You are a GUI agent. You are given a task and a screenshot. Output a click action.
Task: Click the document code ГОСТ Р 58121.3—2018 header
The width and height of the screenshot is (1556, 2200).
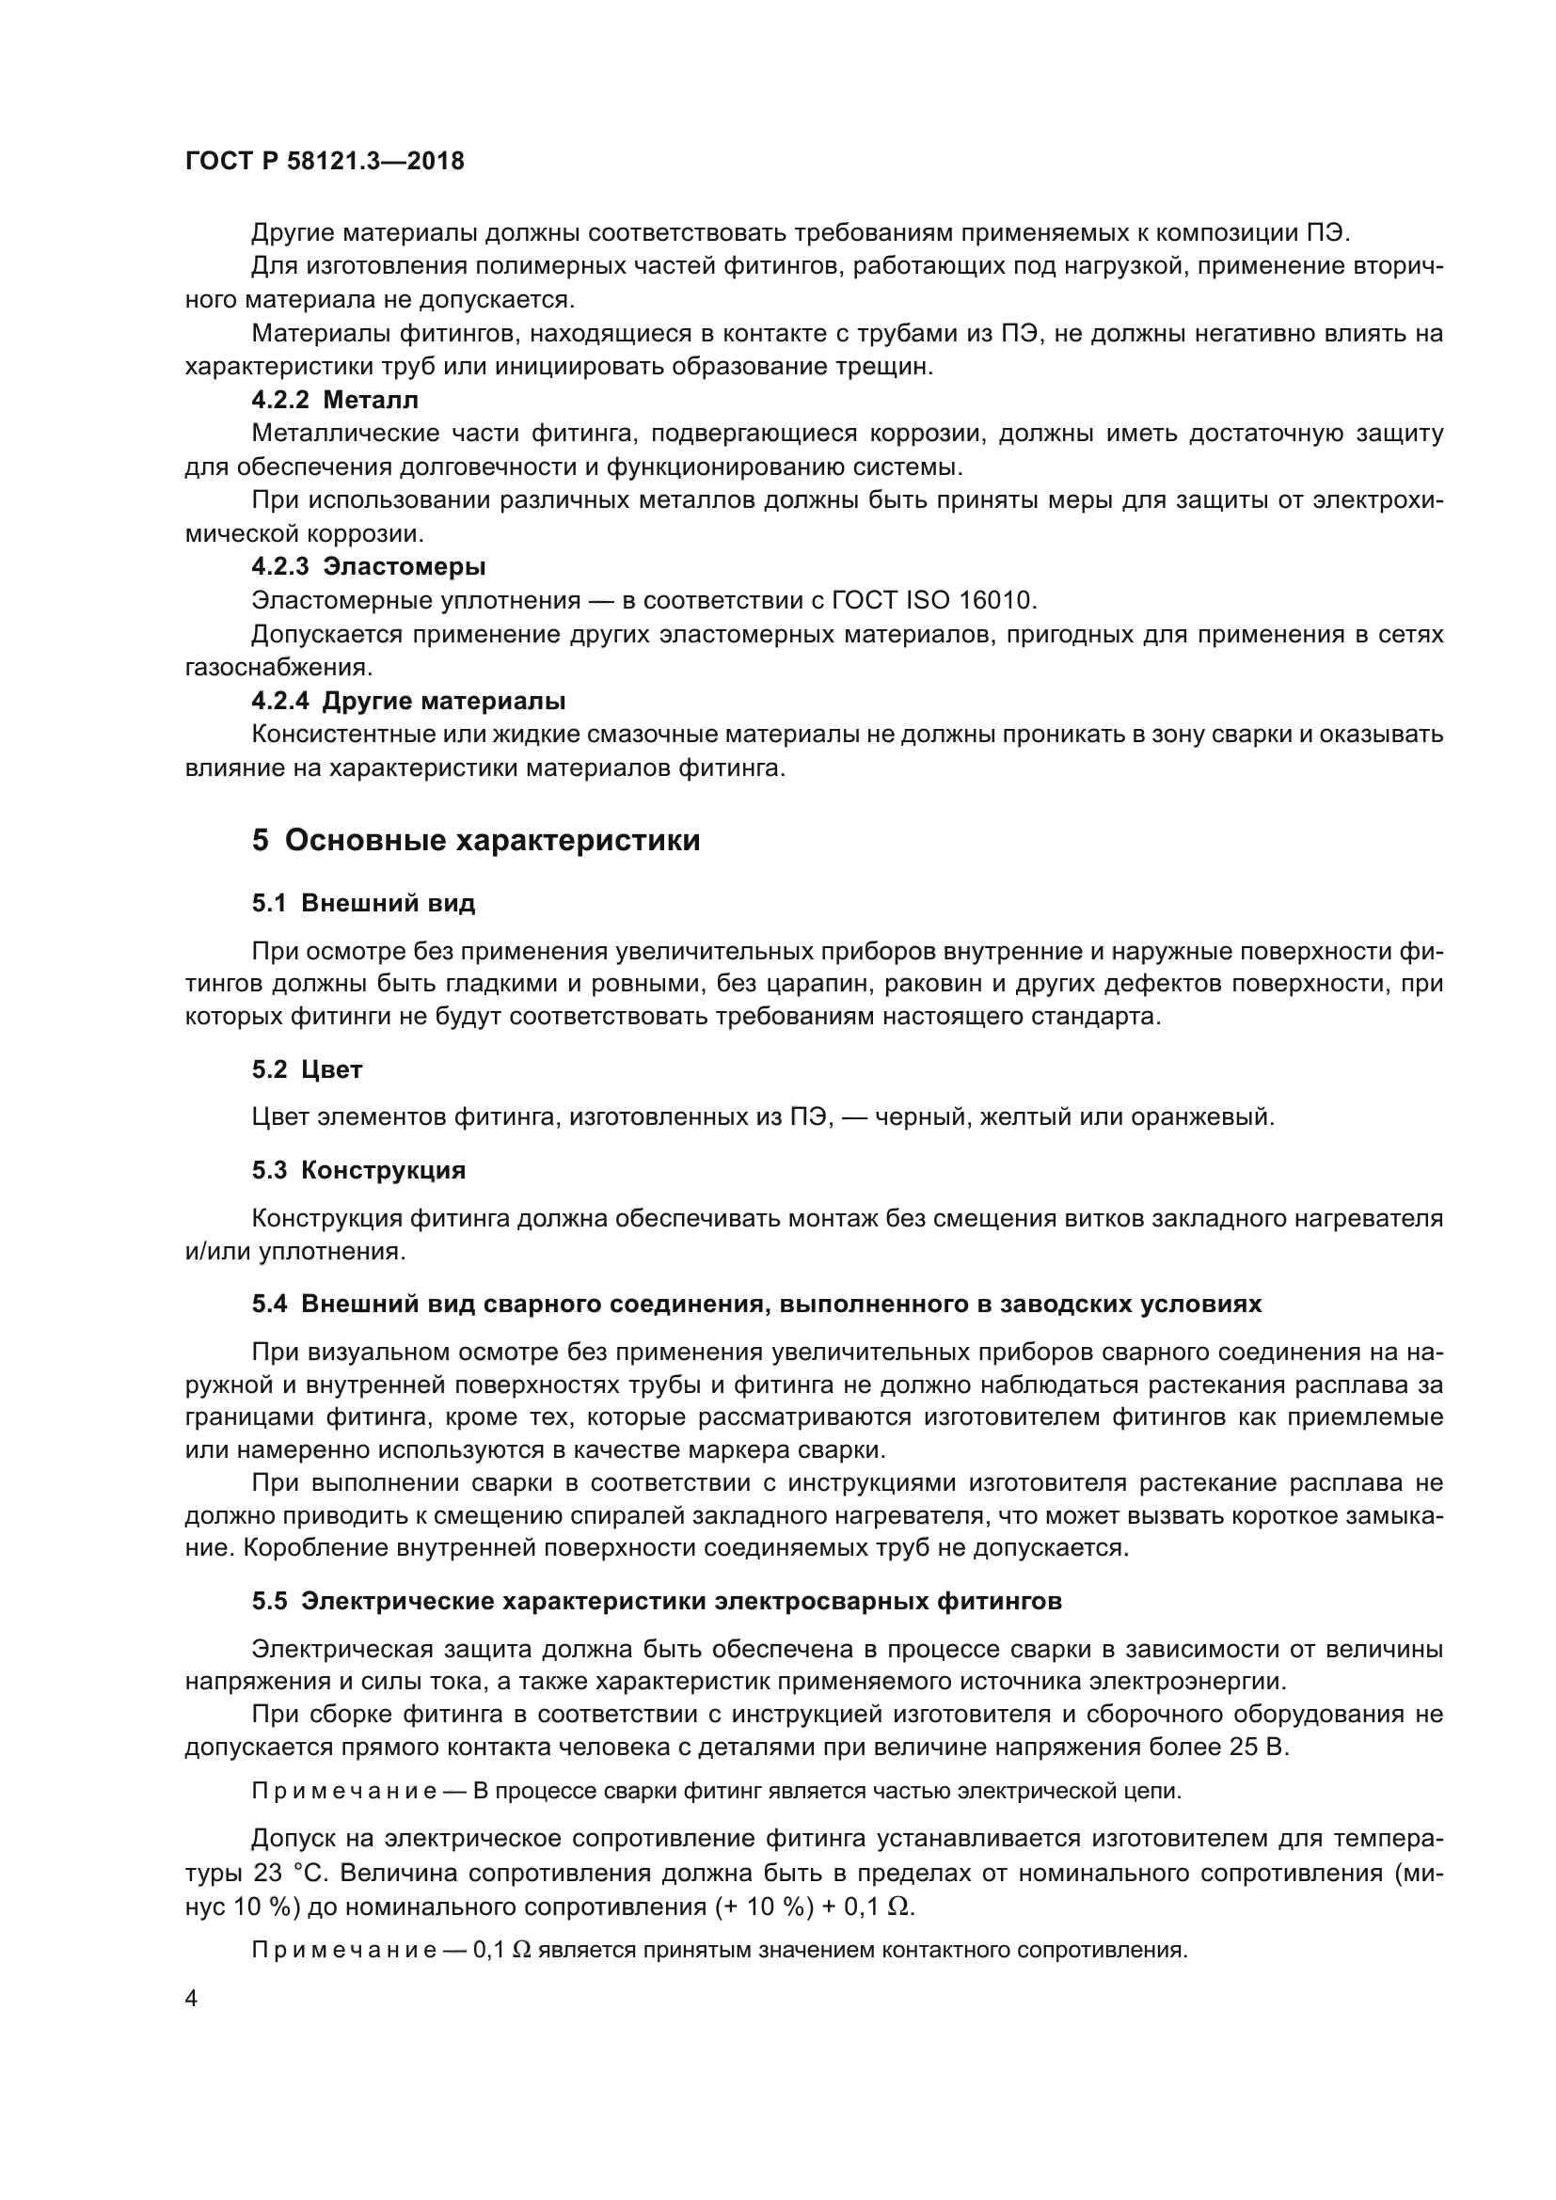tap(324, 161)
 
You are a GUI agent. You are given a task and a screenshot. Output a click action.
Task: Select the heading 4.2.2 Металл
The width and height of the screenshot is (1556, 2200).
tap(334, 400)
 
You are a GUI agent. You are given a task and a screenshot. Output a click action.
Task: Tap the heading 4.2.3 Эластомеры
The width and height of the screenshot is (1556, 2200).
tap(368, 566)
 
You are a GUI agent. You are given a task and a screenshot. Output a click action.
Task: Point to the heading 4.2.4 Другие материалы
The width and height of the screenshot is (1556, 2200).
tap(408, 701)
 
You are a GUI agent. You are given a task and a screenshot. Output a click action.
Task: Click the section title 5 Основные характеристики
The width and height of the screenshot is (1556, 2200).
tap(475, 840)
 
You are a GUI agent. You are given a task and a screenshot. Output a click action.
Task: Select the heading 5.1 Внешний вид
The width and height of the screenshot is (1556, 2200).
tap(363, 903)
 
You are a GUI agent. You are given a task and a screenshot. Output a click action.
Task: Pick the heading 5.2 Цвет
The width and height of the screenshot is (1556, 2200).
tap(307, 1069)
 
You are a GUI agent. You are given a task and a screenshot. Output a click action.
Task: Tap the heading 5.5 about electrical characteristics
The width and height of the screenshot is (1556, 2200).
tap(657, 1601)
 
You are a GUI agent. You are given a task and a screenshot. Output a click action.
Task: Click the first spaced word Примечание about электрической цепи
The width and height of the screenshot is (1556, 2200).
tap(345, 1792)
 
